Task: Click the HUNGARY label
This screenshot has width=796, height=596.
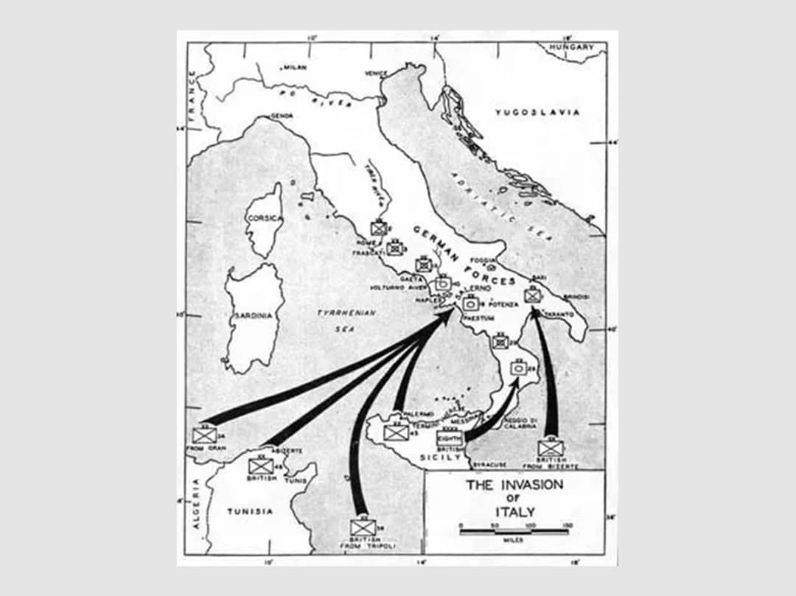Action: click(575, 47)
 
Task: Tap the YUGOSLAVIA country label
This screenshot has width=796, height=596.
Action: click(537, 113)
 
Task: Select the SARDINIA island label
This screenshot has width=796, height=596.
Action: click(254, 315)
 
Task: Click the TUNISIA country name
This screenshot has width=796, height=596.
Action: click(249, 511)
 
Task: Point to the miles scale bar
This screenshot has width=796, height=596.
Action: click(514, 530)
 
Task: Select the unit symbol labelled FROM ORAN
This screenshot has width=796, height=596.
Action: click(204, 435)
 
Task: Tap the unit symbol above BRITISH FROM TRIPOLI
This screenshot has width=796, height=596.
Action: click(363, 527)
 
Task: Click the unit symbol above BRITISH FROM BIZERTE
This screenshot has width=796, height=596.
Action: click(550, 448)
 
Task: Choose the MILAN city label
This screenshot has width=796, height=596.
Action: click(295, 67)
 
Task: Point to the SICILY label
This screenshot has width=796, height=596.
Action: click(440, 457)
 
